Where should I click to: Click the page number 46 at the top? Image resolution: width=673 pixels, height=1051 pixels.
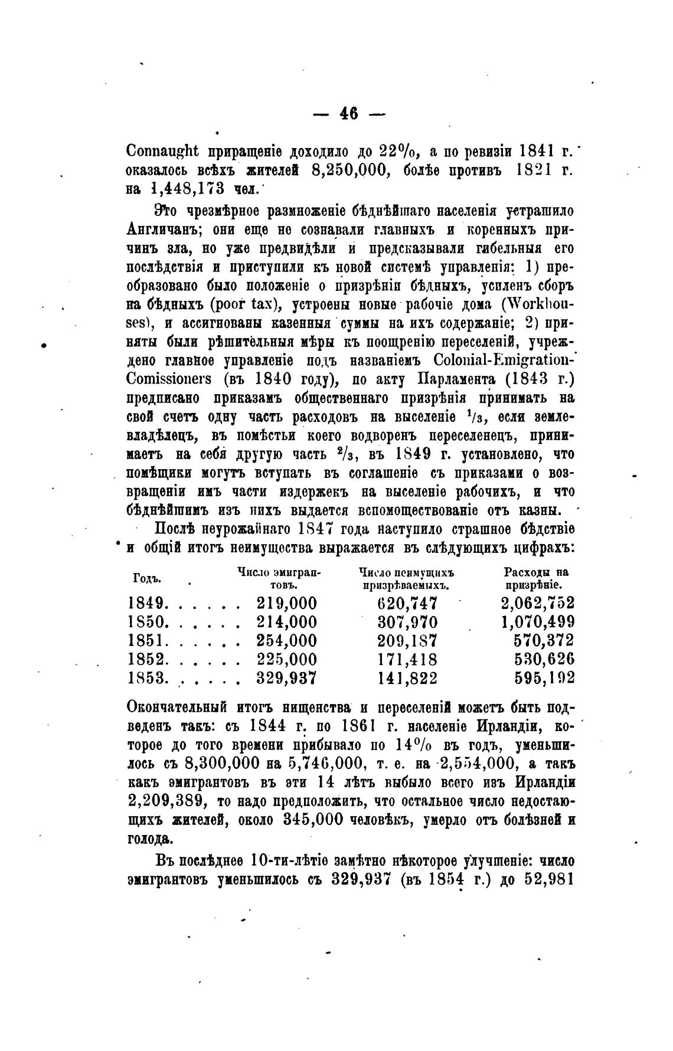[349, 113]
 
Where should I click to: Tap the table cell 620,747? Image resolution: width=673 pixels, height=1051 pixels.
[407, 603]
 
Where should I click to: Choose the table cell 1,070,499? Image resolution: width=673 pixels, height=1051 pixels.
[537, 622]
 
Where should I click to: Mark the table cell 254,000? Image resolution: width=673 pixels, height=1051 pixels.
[286, 641]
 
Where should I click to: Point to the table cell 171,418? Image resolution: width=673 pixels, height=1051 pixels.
[407, 660]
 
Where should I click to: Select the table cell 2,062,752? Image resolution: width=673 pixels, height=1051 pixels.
[537, 603]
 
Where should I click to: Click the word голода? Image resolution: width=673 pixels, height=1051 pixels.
[148, 839]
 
